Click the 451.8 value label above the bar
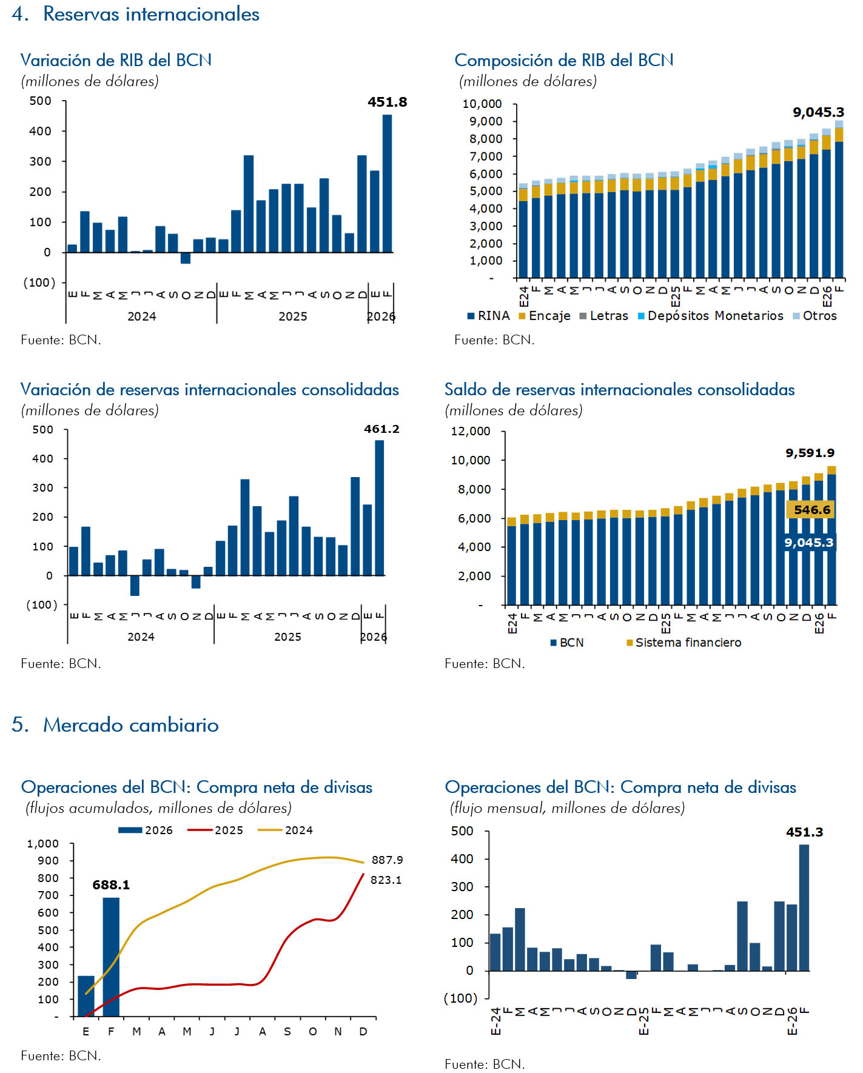pyautogui.click(x=387, y=102)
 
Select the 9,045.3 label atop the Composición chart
pyautogui.click(x=818, y=112)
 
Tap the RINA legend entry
pyautogui.click(x=489, y=316)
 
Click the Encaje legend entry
pyautogui.click(x=545, y=316)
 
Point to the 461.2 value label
pyautogui.click(x=381, y=429)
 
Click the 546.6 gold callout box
pyautogui.click(x=811, y=510)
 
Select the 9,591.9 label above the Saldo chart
pyautogui.click(x=810, y=453)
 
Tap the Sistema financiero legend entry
pyautogui.click(x=683, y=643)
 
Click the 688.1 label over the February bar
pyautogui.click(x=111, y=885)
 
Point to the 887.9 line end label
pyautogui.click(x=387, y=860)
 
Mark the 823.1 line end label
pyautogui.click(x=386, y=880)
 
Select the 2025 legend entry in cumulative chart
pyautogui.click(x=217, y=831)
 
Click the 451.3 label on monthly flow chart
pyautogui.click(x=804, y=832)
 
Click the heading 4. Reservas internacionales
pyautogui.click(x=136, y=14)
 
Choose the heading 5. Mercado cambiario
pyautogui.click(x=115, y=725)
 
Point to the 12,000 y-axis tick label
pyautogui.click(x=471, y=432)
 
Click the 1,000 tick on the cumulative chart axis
pyautogui.click(x=43, y=844)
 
